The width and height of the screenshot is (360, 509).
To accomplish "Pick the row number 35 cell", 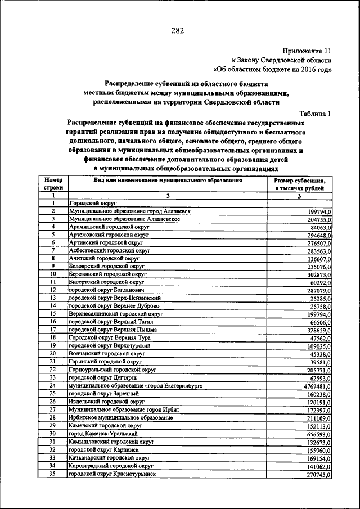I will pyautogui.click(x=53, y=474).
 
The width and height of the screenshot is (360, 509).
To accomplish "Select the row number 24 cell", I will pyautogui.click(x=53, y=386).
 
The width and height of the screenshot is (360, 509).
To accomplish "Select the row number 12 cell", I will pyautogui.click(x=53, y=290).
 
